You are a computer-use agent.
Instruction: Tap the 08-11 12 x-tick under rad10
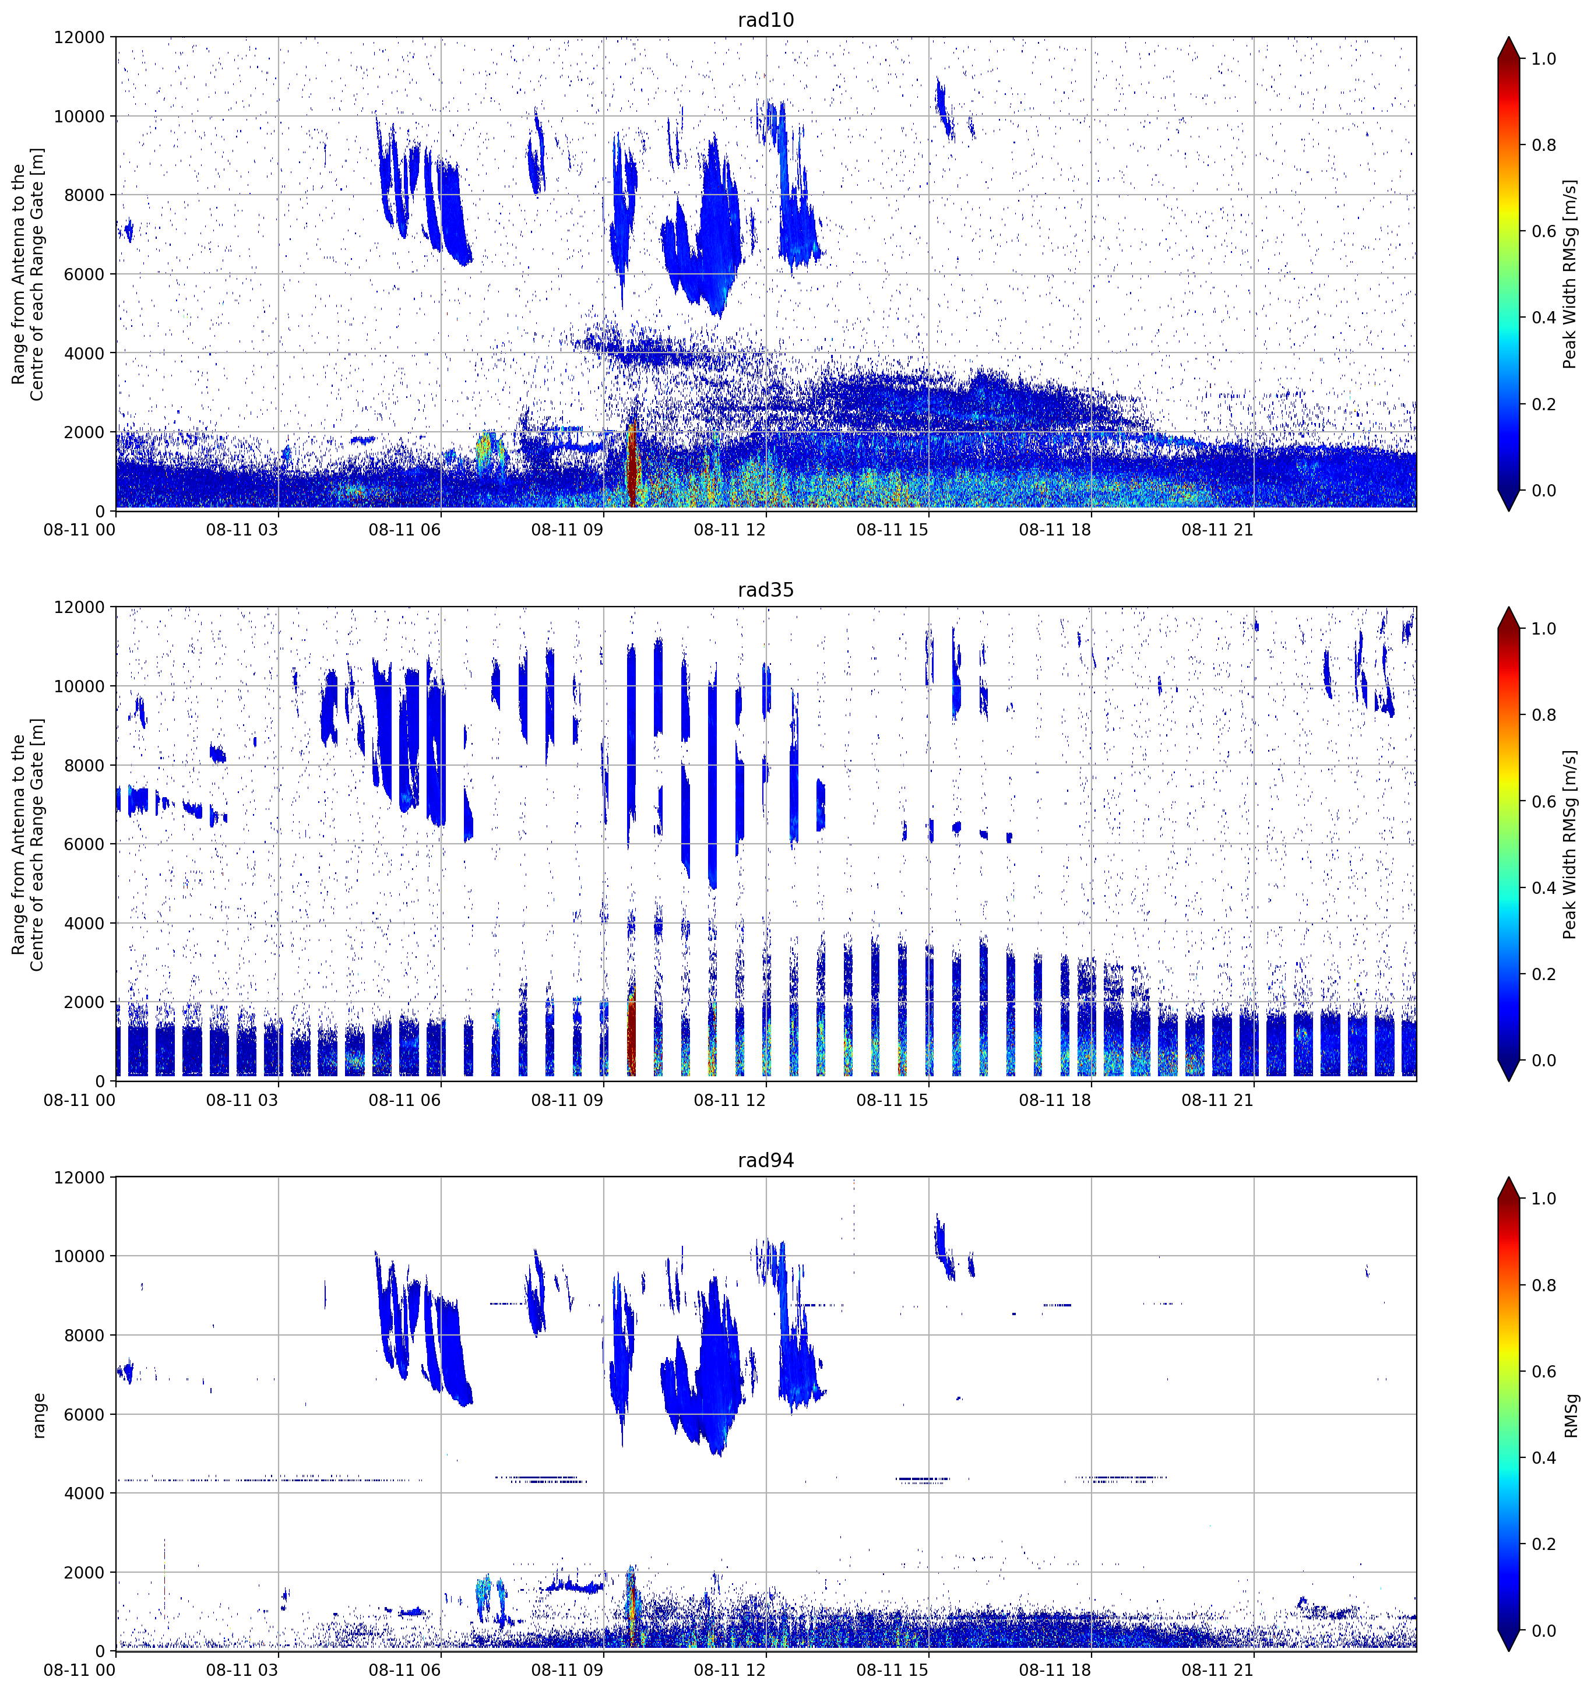click(x=729, y=530)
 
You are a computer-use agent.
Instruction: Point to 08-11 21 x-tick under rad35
click(x=1217, y=1100)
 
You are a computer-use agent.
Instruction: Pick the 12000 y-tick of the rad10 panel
click(x=79, y=37)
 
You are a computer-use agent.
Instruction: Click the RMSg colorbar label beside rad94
click(x=1571, y=1415)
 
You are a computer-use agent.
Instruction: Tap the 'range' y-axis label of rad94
click(x=38, y=1415)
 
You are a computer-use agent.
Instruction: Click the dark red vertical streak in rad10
click(x=631, y=464)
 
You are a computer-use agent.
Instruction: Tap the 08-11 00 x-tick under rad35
click(x=79, y=1100)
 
